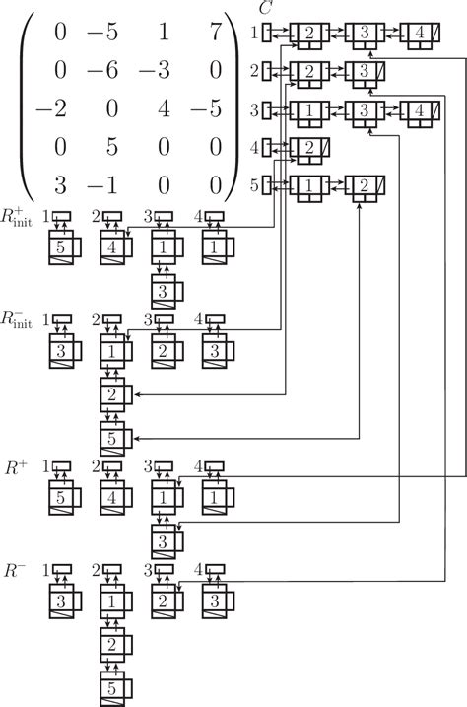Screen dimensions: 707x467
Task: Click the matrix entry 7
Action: pyautogui.click(x=215, y=33)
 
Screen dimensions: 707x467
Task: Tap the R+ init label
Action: pyautogui.click(x=18, y=217)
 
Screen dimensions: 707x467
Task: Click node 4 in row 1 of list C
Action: pyautogui.click(x=421, y=34)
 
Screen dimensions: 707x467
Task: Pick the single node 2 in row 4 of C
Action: pyautogui.click(x=309, y=147)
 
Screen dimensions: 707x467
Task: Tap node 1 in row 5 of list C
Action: pyautogui.click(x=309, y=184)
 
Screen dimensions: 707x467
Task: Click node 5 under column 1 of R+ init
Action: pyautogui.click(x=61, y=247)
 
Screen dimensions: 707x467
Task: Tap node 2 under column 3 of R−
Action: pyautogui.click(x=164, y=600)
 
